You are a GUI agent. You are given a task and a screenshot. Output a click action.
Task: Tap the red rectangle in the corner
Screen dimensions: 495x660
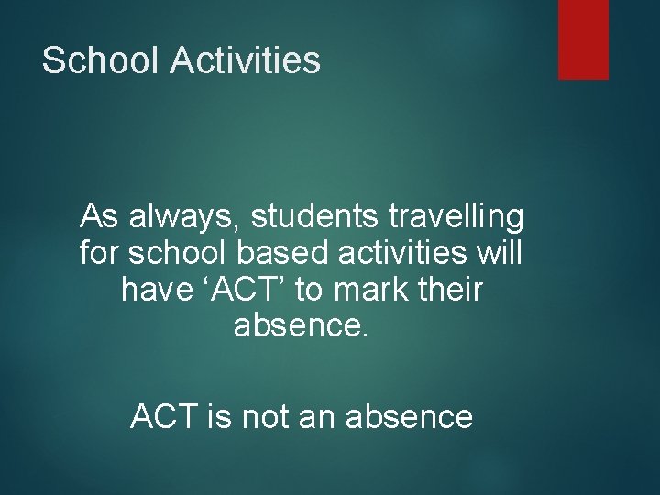[583, 38]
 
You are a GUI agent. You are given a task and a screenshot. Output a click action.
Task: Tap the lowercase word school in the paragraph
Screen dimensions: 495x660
[180, 252]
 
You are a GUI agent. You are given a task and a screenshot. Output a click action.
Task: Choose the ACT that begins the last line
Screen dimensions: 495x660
[163, 417]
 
